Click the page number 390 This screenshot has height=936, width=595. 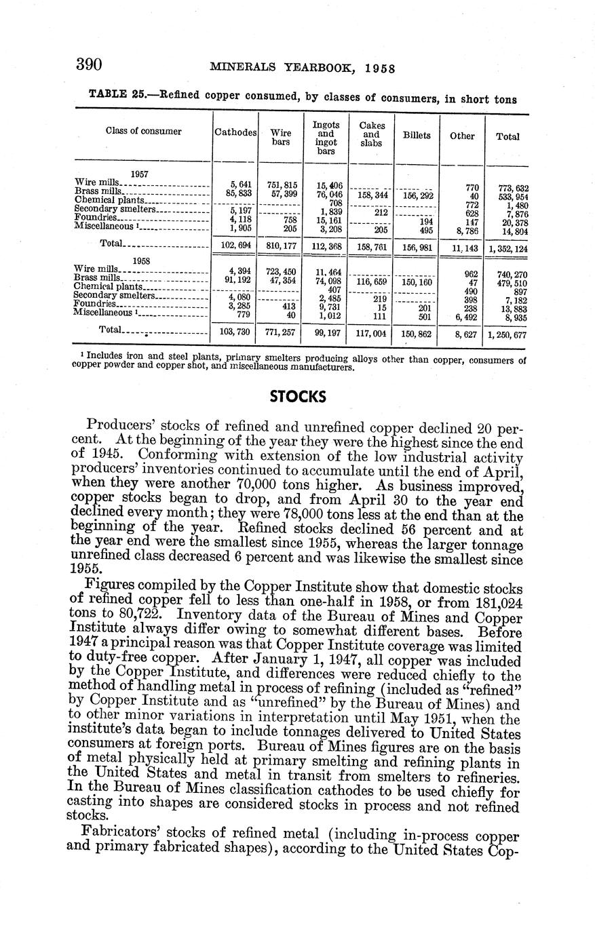(x=88, y=65)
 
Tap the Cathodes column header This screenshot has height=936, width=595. (x=235, y=132)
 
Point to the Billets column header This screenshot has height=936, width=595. (x=417, y=136)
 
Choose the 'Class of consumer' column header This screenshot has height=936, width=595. (x=143, y=132)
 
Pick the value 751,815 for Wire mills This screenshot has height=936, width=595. (x=282, y=184)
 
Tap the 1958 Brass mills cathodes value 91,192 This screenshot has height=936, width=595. (x=237, y=279)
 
